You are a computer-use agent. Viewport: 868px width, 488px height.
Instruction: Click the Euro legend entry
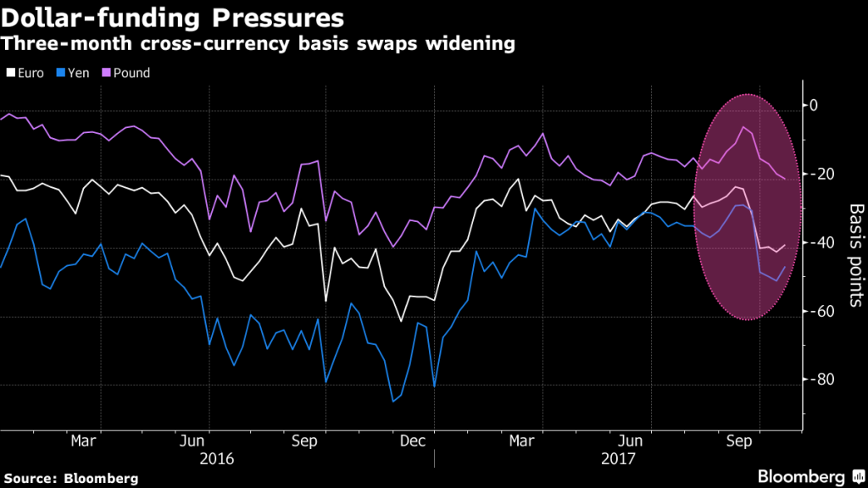[x=25, y=73]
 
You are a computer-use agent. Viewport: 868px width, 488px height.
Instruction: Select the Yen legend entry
[x=75, y=73]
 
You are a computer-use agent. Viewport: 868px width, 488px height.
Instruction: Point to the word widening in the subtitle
[x=466, y=43]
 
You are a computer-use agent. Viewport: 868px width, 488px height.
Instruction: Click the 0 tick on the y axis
[x=813, y=106]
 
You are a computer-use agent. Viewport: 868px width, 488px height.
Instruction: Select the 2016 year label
[x=215, y=458]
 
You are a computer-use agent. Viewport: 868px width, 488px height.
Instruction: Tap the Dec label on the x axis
[x=413, y=441]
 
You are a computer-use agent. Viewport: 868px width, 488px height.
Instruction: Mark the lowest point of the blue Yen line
[x=393, y=402]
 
